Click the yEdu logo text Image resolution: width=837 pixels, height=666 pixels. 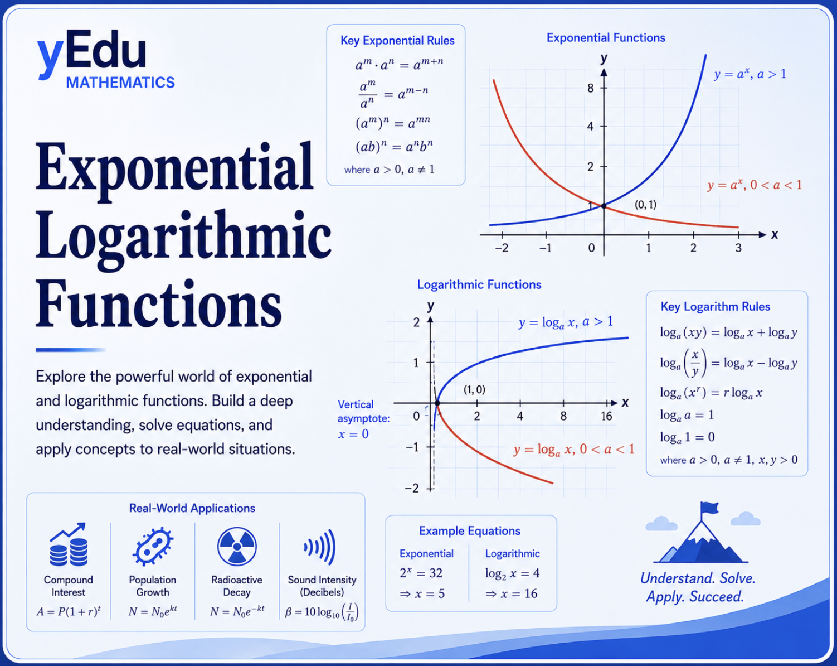tap(92, 55)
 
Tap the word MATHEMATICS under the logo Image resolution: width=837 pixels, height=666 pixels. tap(120, 83)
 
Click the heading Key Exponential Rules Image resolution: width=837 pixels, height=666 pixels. tap(397, 41)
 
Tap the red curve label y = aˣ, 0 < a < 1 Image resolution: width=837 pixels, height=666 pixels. tap(755, 185)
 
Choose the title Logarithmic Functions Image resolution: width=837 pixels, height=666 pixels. tap(479, 284)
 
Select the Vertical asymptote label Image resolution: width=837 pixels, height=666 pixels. tap(363, 412)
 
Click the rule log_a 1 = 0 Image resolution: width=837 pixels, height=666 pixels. tap(687, 437)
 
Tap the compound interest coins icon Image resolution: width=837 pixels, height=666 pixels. tap(69, 544)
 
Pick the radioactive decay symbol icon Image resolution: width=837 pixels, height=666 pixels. tap(237, 546)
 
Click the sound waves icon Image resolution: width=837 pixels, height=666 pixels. tap(320, 547)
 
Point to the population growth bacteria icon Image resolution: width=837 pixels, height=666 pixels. tap(153, 546)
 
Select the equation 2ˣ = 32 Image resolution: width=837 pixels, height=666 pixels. tap(421, 573)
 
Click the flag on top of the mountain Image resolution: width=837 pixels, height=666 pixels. tap(709, 508)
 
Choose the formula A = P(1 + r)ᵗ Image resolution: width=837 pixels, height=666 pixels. tap(69, 611)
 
